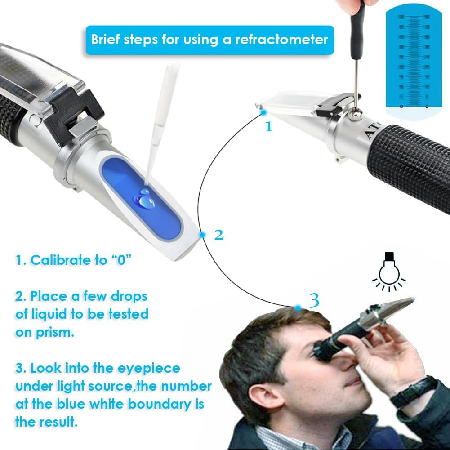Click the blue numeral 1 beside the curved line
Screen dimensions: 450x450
[x=269, y=127]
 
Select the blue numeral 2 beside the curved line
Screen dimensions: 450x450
[x=219, y=235]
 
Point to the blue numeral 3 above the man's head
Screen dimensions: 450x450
[x=314, y=300]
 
